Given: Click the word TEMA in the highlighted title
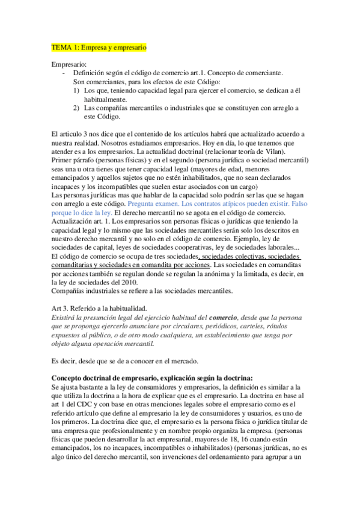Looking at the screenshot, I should coord(61,46).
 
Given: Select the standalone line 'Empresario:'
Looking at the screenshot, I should coord(69,63).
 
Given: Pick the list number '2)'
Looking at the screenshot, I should coord(76,108).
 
